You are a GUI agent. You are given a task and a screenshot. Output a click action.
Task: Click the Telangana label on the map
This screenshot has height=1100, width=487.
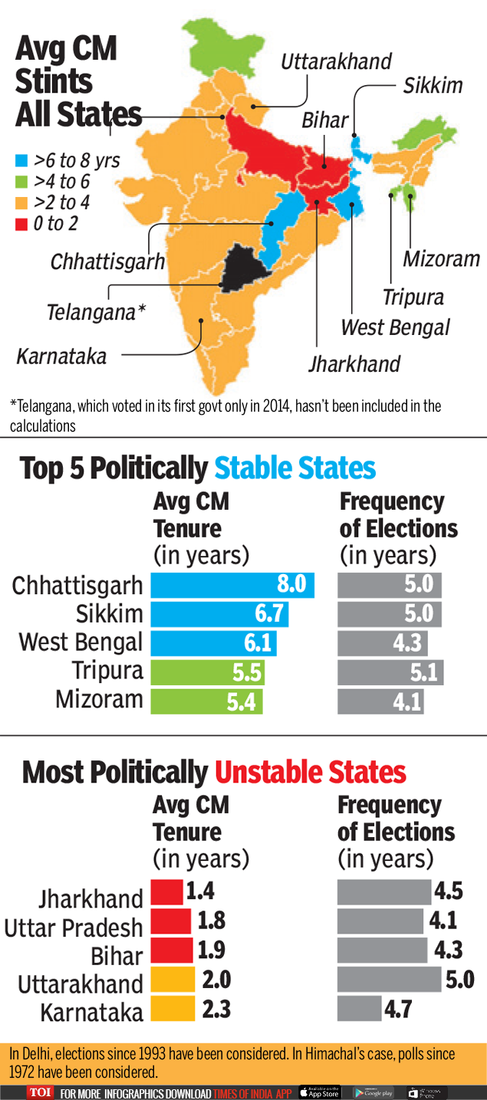tap(95, 313)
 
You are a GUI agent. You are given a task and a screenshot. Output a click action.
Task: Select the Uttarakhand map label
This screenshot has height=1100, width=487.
tap(336, 62)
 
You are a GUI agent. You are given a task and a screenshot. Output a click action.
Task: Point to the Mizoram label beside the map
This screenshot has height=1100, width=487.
tap(441, 259)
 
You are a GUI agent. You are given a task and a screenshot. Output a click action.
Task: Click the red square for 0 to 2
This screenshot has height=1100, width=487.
tap(23, 224)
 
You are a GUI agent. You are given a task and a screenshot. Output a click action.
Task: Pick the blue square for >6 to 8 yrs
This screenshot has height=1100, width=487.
tap(23, 161)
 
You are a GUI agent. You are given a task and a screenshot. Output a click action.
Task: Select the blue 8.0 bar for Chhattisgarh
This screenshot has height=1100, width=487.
tap(232, 585)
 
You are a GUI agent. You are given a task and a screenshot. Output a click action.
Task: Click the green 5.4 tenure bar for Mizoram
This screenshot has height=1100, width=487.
tap(206, 701)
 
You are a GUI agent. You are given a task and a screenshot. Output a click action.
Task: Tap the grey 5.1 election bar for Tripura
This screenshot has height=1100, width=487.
tap(390, 672)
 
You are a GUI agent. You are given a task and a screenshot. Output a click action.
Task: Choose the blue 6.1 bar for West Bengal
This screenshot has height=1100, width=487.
tap(213, 643)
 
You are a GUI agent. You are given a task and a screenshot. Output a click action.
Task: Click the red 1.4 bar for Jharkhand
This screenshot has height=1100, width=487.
tap(166, 891)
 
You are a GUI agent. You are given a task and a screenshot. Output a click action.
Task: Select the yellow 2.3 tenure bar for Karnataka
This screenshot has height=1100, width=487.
tap(173, 1008)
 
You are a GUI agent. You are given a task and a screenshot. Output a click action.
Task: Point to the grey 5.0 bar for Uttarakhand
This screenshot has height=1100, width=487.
tap(390, 979)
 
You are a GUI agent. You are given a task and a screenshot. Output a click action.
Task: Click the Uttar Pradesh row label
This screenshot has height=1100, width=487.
tap(74, 928)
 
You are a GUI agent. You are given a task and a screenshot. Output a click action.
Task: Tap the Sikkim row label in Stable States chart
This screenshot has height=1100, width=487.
tap(109, 614)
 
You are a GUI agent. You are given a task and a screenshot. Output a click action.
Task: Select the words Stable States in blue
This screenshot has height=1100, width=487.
tap(295, 468)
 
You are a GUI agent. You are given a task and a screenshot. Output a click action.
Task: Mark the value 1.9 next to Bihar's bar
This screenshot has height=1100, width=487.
tap(212, 950)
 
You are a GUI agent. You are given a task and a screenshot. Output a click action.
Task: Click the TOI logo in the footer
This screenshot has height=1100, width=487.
tap(39, 1092)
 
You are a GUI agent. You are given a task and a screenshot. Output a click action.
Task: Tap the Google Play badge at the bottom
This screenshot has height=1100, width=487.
tap(373, 1092)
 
